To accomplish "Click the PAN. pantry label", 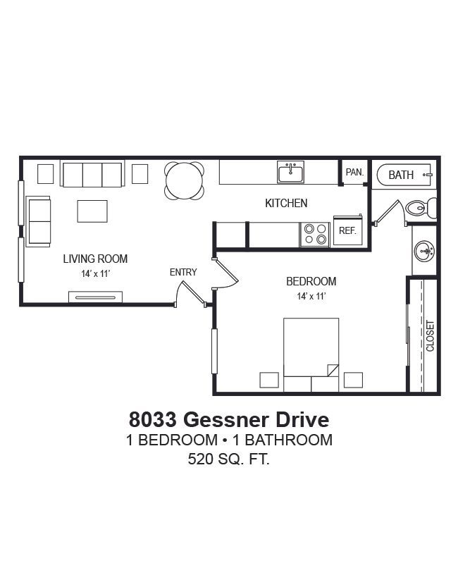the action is tap(354, 172).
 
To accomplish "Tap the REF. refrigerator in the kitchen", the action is tap(348, 230).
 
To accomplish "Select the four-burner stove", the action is tap(315, 235).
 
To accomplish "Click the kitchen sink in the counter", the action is tap(290, 172).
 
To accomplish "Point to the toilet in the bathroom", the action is tap(421, 209).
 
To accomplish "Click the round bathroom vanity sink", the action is tap(424, 251).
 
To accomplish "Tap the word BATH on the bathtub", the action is tap(401, 175).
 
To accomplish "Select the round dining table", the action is tap(184, 181).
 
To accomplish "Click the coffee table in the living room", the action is tap(92, 211).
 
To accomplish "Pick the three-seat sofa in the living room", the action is tap(92, 174).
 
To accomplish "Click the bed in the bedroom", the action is tap(311, 354).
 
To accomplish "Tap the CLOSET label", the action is tap(430, 336).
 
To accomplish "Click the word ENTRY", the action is tap(183, 272).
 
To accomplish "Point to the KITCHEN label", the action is tap(286, 203).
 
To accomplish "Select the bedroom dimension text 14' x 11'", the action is tap(311, 296).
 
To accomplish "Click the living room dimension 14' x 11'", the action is tap(96, 273).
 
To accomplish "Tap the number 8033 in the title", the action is tap(152, 419).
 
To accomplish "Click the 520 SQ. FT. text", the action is tap(229, 459).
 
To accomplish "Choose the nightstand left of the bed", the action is tap(269, 380).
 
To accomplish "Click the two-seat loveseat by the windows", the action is tap(38, 221).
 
